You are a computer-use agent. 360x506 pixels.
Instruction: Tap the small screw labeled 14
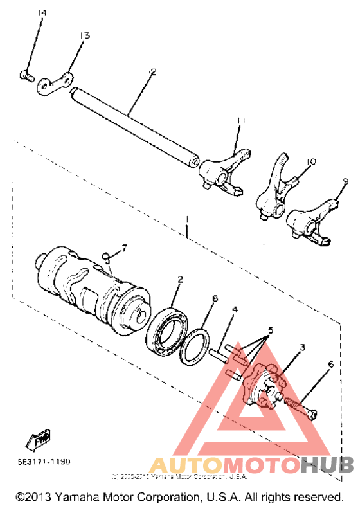coord(26,76)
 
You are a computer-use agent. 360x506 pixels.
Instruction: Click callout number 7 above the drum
coord(124,247)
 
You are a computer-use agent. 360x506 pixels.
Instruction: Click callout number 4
coord(235,311)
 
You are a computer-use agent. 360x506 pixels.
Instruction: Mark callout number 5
coord(271,330)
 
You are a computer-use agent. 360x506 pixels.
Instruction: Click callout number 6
coord(330,365)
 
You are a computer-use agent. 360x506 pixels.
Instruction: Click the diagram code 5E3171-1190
coord(45,461)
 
